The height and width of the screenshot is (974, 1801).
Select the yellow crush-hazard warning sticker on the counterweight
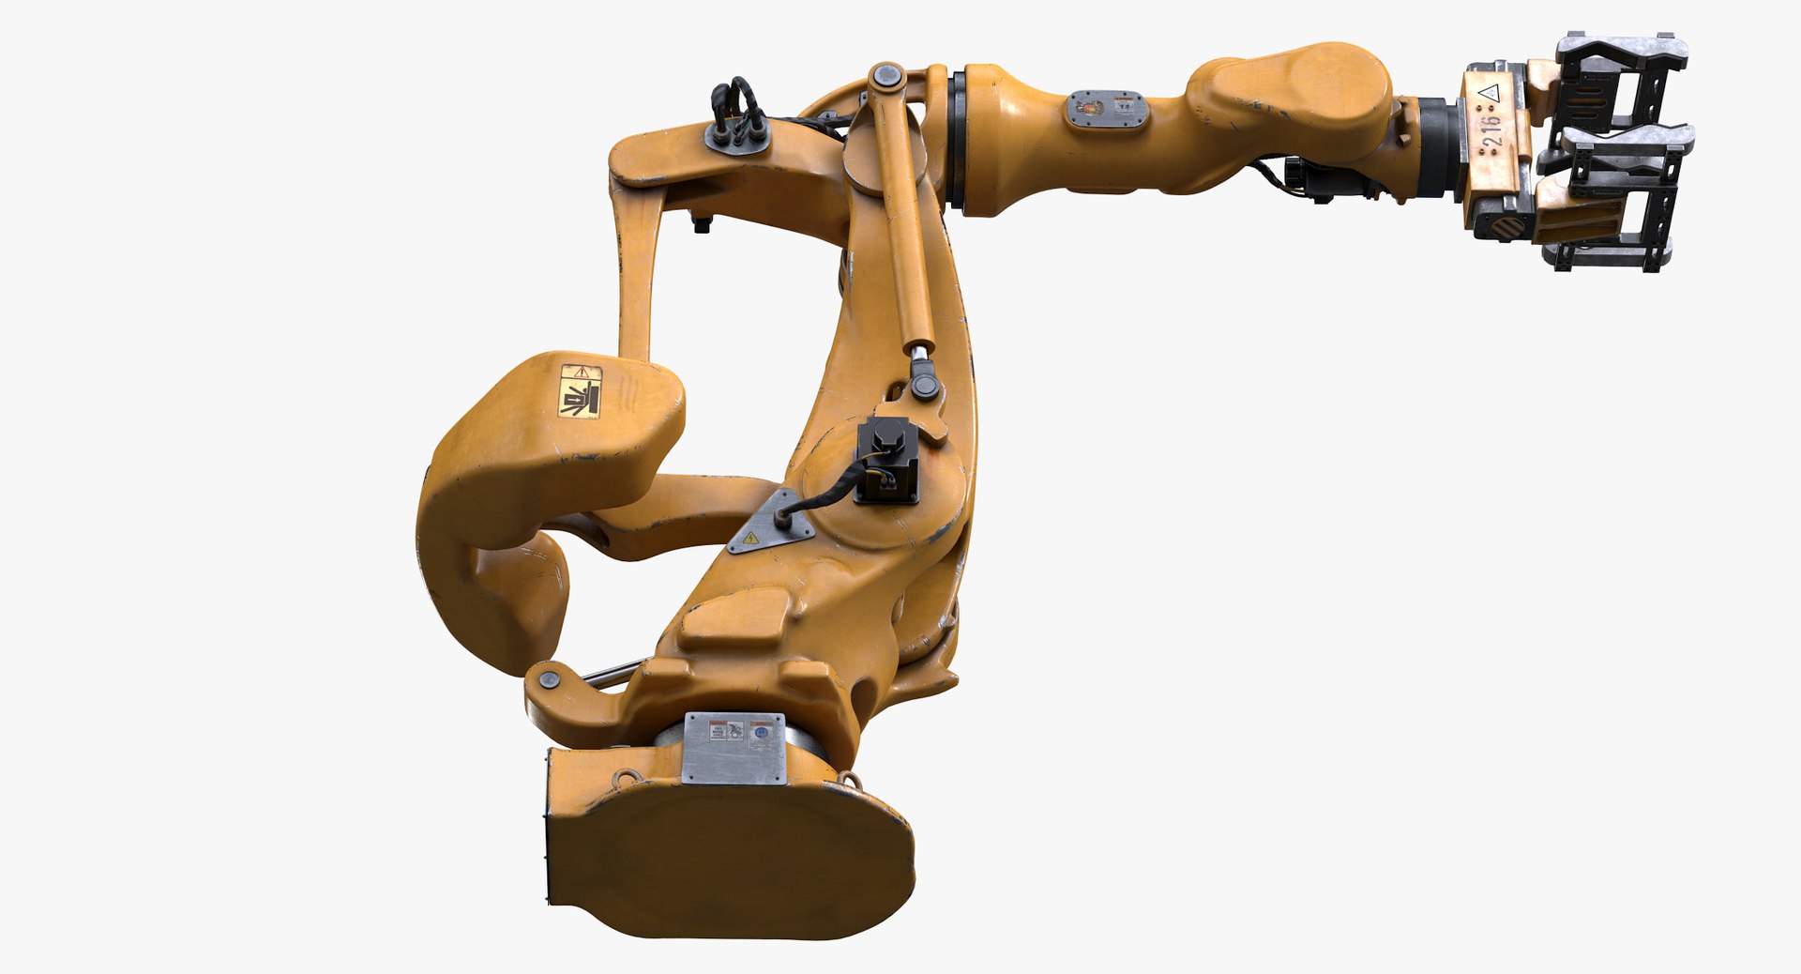point(579,390)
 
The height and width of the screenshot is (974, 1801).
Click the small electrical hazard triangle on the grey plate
point(750,539)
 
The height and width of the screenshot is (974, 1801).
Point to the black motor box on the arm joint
point(886,460)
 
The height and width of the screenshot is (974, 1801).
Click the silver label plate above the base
point(733,747)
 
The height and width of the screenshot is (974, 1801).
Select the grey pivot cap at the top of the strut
point(886,76)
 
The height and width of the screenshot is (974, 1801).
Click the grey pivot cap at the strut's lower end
point(925,386)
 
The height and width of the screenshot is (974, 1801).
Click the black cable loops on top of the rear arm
point(736,103)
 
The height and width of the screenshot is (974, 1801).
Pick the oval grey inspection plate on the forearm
point(1107,110)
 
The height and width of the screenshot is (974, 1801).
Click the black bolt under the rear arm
point(700,222)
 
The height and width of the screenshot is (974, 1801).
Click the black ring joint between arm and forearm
point(957,141)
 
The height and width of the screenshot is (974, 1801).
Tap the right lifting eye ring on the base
point(850,780)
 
